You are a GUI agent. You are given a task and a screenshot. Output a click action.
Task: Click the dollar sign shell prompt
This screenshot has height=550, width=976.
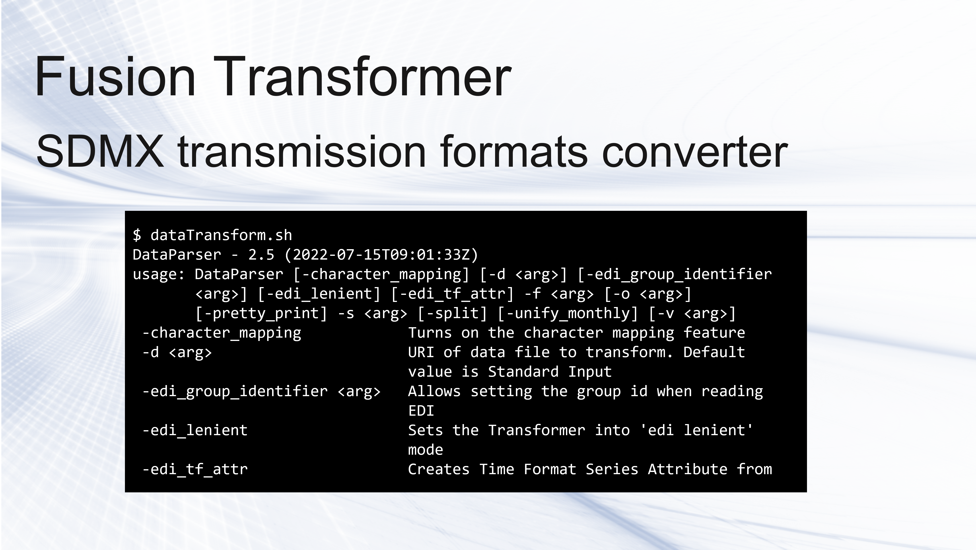click(x=137, y=235)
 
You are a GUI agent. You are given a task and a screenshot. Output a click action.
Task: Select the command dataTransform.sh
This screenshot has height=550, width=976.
click(x=221, y=235)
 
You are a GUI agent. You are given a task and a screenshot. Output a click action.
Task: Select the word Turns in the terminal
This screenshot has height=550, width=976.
click(x=430, y=333)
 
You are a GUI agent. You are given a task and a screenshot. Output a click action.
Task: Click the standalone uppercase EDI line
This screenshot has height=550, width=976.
click(x=421, y=411)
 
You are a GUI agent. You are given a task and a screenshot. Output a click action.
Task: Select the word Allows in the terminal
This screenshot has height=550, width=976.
click(x=434, y=391)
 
